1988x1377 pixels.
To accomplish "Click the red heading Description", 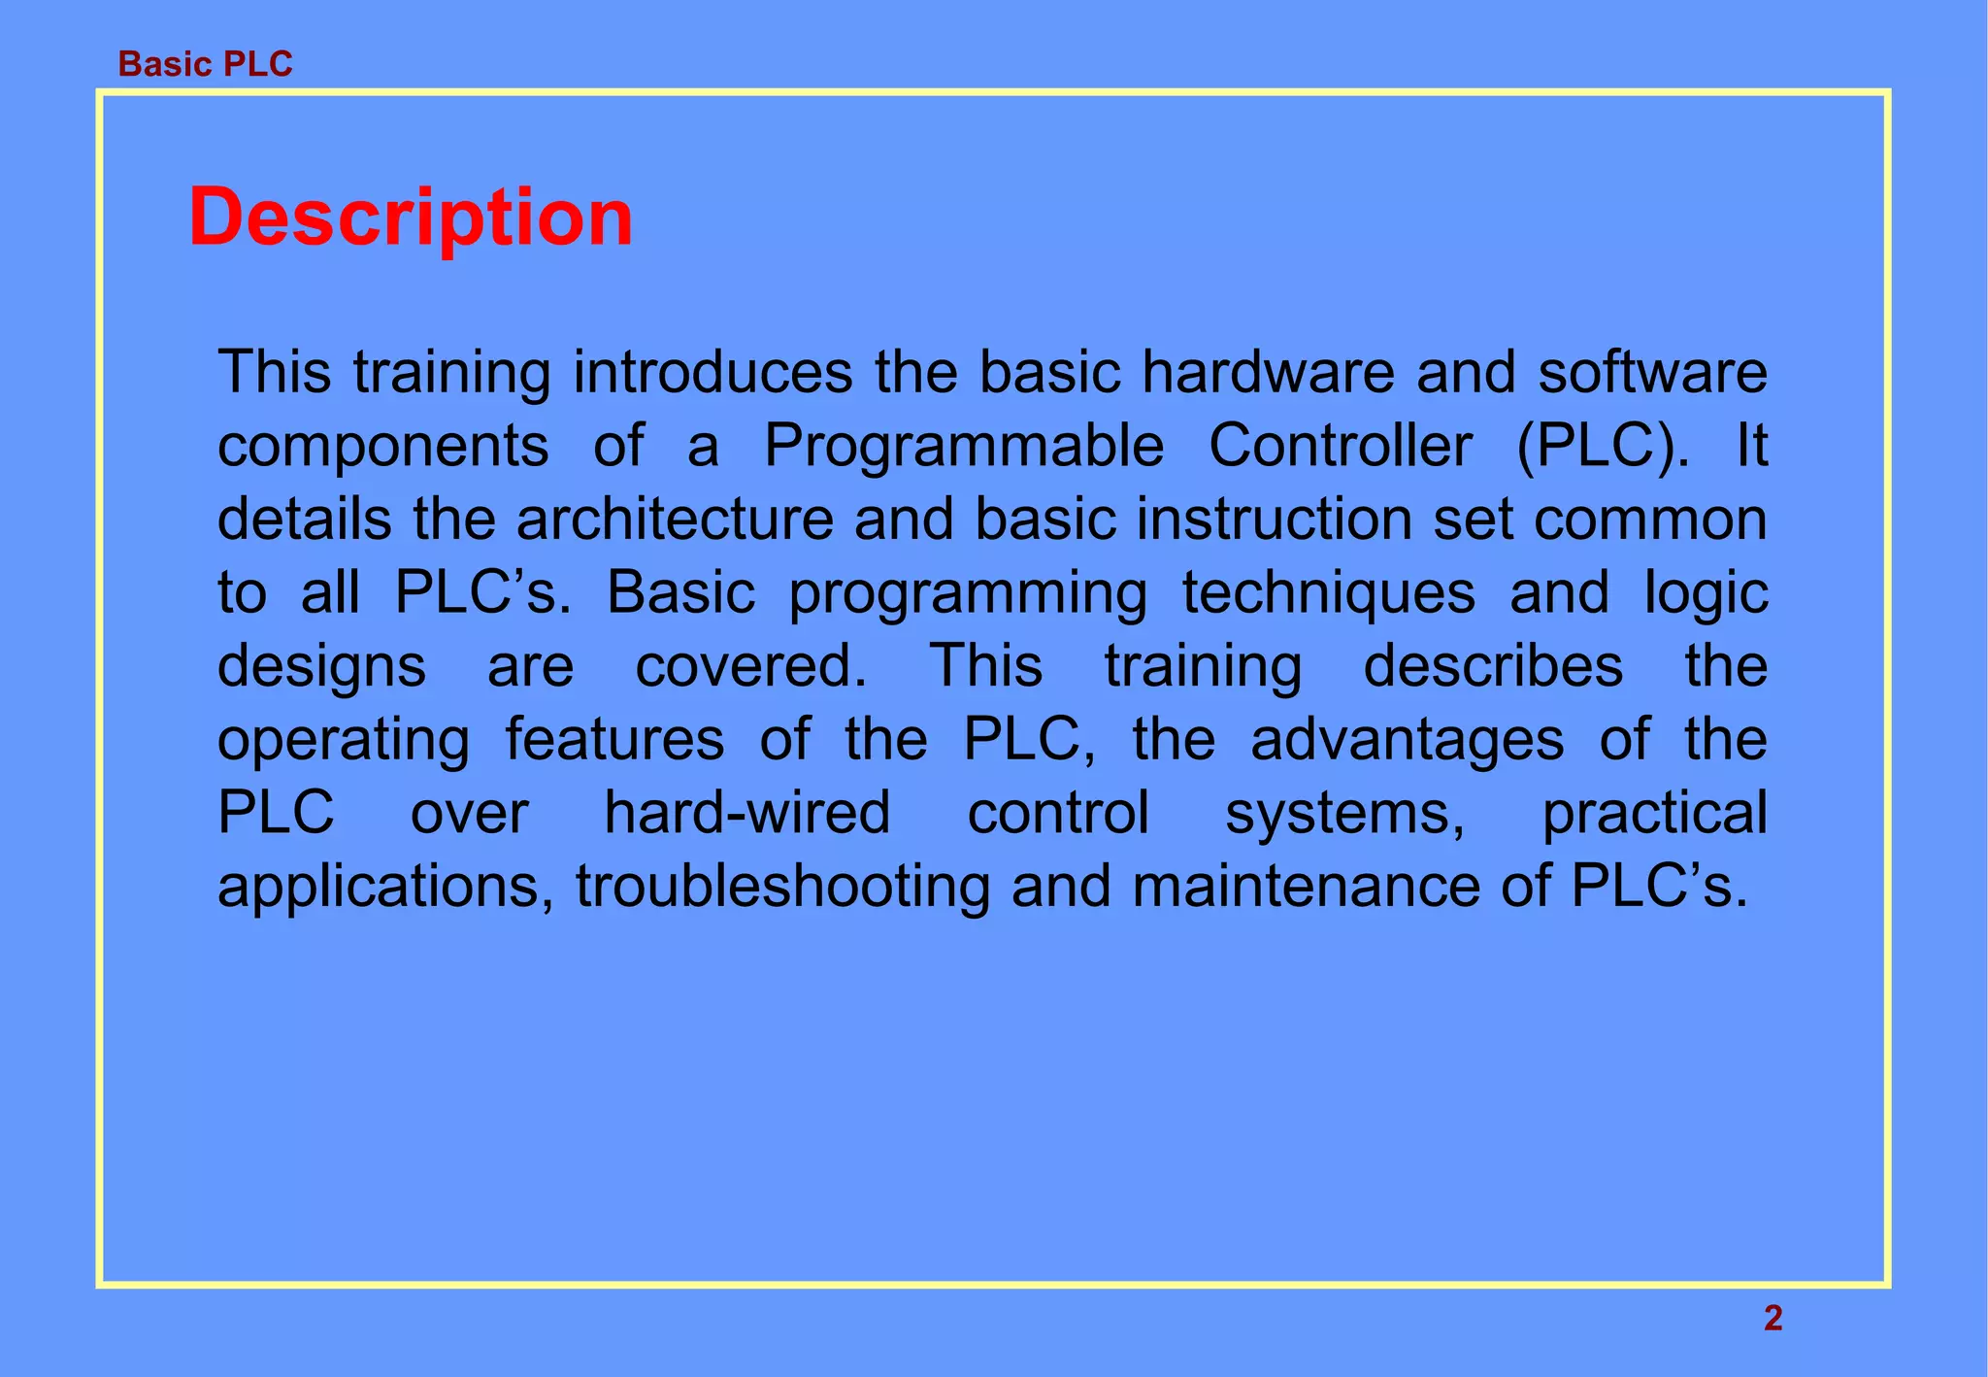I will (411, 218).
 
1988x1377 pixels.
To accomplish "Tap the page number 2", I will (1773, 1319).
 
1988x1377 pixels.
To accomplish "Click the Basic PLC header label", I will (205, 64).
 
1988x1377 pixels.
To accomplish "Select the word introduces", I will (712, 372).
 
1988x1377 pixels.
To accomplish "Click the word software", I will (1652, 372).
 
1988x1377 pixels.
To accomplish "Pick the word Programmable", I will (964, 446).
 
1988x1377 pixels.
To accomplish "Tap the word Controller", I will (1341, 446).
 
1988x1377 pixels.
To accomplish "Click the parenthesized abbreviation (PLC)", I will (1602, 446).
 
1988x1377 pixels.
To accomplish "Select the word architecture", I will (675, 520).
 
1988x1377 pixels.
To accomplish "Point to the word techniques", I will (1328, 594).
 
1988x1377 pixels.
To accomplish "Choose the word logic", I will (1706, 594).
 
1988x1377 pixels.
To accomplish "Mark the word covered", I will (751, 666).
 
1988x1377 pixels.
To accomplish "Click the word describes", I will (1493, 666).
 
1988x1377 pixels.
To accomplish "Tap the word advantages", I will (1407, 740).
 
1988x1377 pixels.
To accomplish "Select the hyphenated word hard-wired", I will (746, 813).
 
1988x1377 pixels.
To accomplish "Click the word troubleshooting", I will (782, 888).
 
